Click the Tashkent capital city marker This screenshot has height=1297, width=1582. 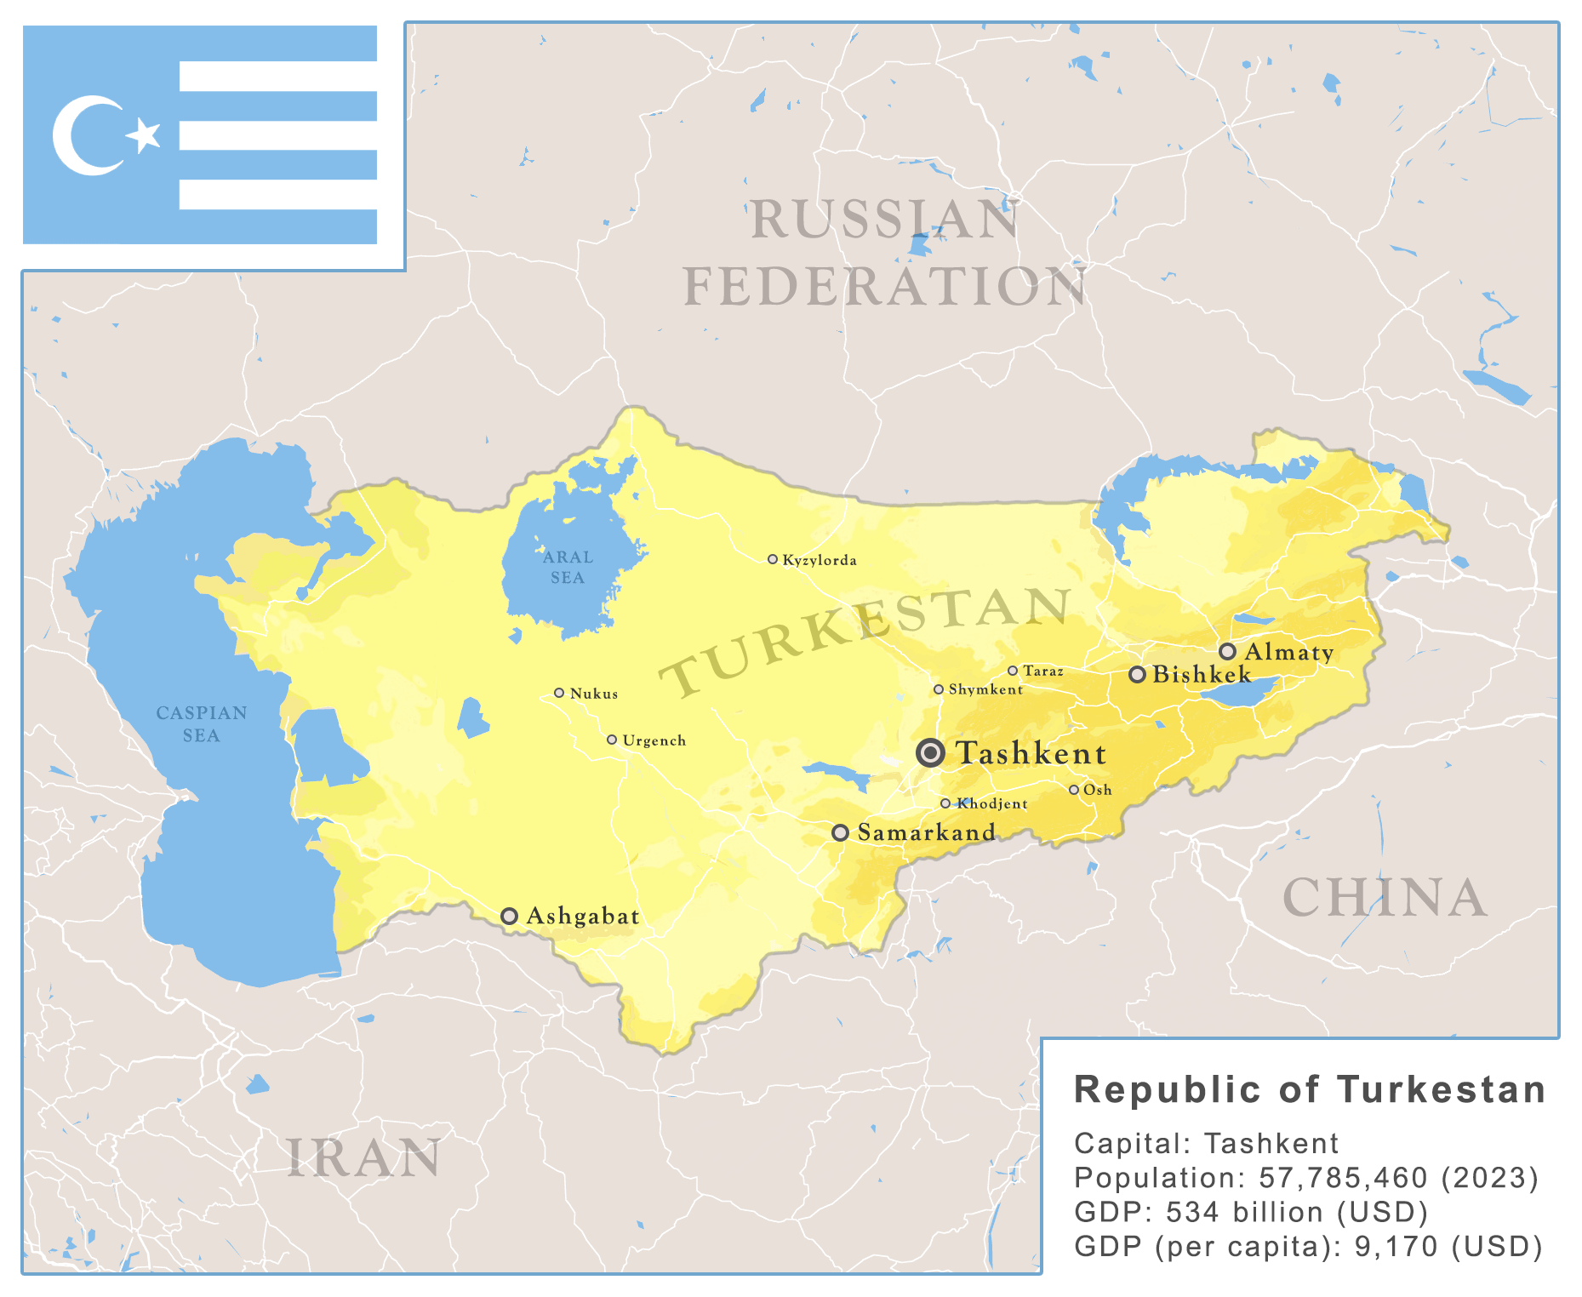tap(930, 752)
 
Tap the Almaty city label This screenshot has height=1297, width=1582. tap(1288, 652)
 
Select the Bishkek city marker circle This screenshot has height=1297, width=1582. tap(1137, 675)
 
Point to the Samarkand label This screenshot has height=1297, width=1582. tap(926, 832)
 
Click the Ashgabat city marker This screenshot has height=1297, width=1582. tap(509, 916)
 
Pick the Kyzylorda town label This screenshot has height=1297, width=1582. tap(819, 560)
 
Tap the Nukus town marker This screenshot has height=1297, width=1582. tap(559, 693)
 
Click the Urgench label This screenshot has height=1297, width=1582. tap(654, 740)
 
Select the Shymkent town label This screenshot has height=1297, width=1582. tap(985, 689)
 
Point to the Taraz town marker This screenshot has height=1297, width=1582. tap(1013, 671)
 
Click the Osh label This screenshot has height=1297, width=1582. tap(1097, 790)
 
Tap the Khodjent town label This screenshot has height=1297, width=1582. tap(992, 803)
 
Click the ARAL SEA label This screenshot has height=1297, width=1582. tap(568, 567)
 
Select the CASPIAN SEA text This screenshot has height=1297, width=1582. tap(202, 723)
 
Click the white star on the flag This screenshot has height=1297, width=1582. tap(145, 134)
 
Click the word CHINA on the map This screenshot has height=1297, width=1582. tap(1385, 898)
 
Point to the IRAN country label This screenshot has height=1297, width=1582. tap(364, 1158)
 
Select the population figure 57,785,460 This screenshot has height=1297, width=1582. tap(1343, 1178)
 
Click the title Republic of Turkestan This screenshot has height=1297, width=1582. tap(1310, 1090)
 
